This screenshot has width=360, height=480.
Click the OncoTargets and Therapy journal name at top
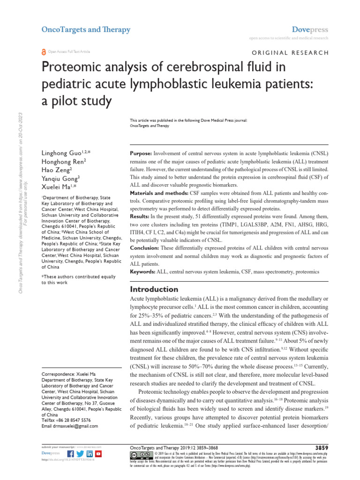86,30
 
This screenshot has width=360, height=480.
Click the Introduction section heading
154,289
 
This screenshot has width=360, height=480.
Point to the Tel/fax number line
66,420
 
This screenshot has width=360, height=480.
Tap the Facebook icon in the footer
71,454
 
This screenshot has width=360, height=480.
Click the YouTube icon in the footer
98,454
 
